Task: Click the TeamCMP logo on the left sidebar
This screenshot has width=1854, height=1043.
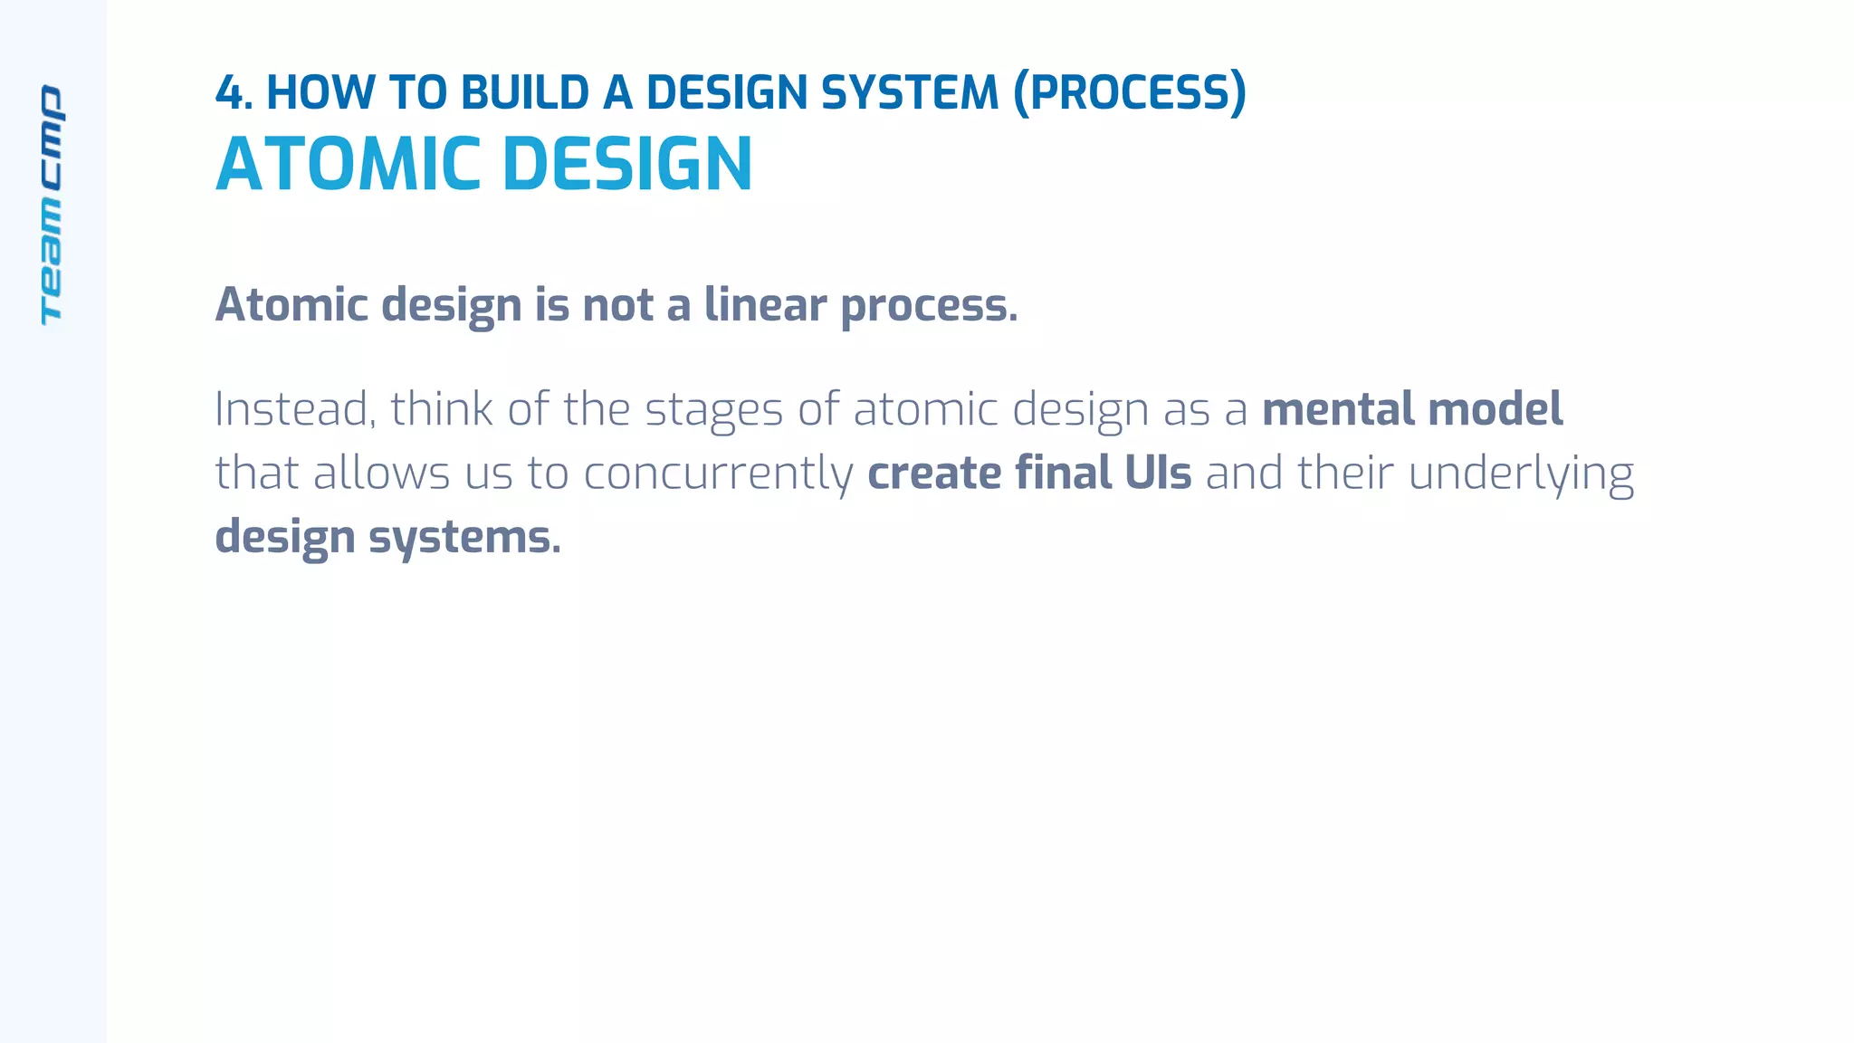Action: click(x=52, y=205)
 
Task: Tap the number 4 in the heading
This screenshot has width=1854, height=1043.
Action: click(x=230, y=93)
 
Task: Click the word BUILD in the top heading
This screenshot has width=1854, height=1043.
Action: click(x=525, y=93)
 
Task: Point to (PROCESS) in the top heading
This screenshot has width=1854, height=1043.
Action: click(x=1130, y=93)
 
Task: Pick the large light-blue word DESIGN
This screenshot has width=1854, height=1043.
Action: click(x=627, y=165)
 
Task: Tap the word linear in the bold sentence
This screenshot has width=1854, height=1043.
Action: click(x=765, y=305)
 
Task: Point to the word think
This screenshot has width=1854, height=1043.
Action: click(x=442, y=409)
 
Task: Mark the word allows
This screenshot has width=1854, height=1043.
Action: click(x=381, y=474)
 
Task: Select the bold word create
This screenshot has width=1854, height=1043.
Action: click(x=933, y=474)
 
